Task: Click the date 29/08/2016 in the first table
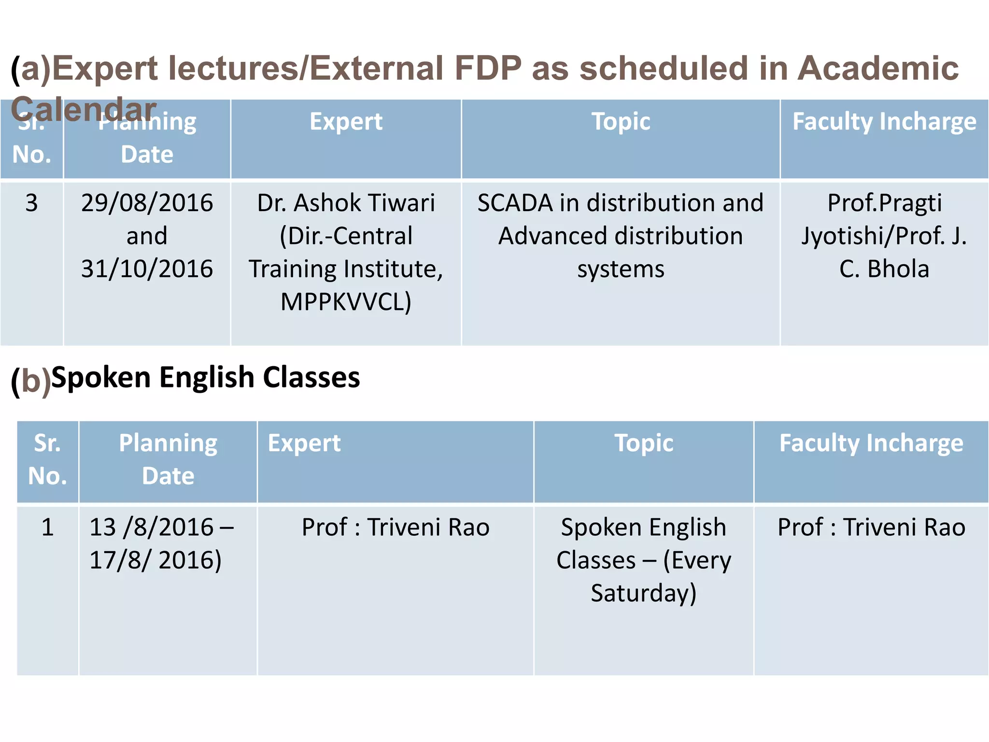tap(147, 203)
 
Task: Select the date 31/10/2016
tap(147, 269)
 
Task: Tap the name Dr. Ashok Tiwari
tap(346, 203)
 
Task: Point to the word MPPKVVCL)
tap(346, 302)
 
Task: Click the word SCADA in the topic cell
tap(515, 203)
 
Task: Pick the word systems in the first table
tap(621, 269)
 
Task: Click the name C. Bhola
tap(884, 269)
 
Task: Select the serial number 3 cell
tap(31, 203)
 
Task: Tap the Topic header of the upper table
tap(621, 121)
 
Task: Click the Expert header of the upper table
tap(346, 121)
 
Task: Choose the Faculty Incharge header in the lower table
tap(871, 443)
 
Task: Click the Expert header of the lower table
tap(304, 443)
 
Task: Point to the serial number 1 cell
tap(47, 527)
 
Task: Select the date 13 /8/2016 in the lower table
tap(151, 527)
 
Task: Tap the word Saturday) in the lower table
tap(643, 593)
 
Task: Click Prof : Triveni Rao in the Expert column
tap(396, 527)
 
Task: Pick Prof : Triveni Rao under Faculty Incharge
tap(871, 527)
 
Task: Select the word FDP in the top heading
tap(488, 68)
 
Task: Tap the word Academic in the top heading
tap(877, 68)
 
